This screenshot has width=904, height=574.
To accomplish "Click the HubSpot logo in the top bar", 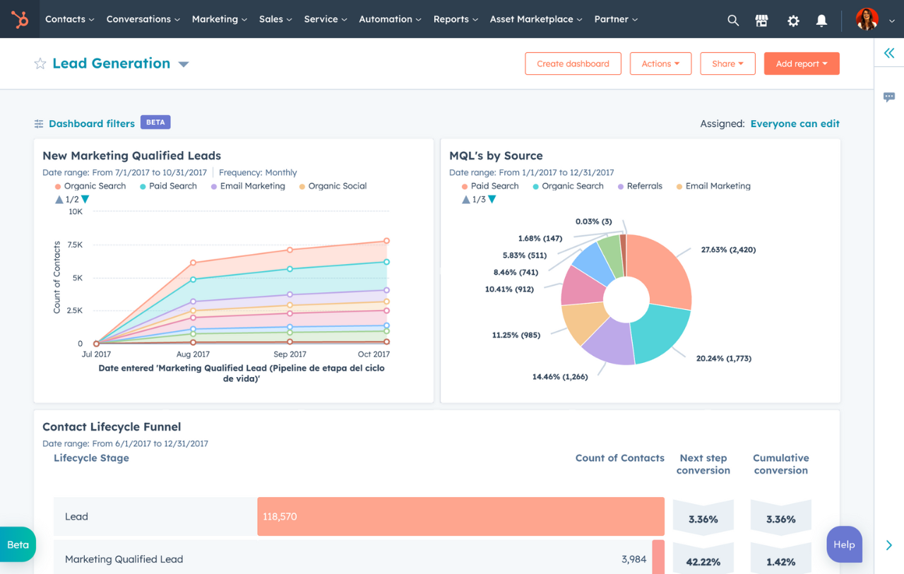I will pyautogui.click(x=20, y=19).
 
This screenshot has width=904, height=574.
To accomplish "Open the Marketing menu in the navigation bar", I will pyautogui.click(x=219, y=19).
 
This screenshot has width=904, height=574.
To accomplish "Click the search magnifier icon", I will pyautogui.click(x=733, y=20).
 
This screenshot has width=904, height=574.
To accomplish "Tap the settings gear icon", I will pyautogui.click(x=793, y=20).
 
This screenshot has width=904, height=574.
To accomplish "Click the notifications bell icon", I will pyautogui.click(x=821, y=20).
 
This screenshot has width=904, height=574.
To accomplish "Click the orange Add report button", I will pyautogui.click(x=801, y=64).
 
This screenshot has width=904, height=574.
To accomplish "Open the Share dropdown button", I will pyautogui.click(x=727, y=64).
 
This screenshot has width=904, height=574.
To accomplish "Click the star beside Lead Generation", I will pyautogui.click(x=40, y=64).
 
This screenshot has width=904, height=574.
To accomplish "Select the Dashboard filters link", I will pyautogui.click(x=91, y=124).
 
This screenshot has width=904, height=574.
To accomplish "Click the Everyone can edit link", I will pyautogui.click(x=795, y=124).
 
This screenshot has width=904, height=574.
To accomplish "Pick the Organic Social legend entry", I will pyautogui.click(x=337, y=186).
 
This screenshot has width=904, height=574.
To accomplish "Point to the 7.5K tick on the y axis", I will pyautogui.click(x=75, y=245).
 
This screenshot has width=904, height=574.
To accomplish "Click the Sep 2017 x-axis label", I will pyautogui.click(x=290, y=354).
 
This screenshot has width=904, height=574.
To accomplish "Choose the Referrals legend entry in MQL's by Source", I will pyautogui.click(x=644, y=186).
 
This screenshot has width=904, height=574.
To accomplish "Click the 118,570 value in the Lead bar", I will pyautogui.click(x=280, y=517).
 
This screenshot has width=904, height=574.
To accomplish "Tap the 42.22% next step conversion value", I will pyautogui.click(x=703, y=562).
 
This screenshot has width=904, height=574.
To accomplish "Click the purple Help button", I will pyautogui.click(x=844, y=544).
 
